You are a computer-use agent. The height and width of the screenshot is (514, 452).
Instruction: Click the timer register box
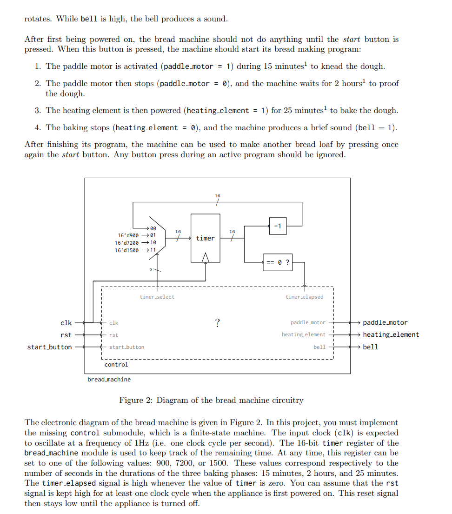[x=205, y=238]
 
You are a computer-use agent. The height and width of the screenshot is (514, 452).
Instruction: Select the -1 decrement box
[x=278, y=227]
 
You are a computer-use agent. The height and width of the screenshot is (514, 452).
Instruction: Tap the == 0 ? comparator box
[x=278, y=262]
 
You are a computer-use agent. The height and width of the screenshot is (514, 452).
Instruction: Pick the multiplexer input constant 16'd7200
[x=126, y=243]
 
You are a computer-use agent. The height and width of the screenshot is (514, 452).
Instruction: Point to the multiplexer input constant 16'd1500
[x=126, y=250]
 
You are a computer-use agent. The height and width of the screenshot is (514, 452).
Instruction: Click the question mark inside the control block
[x=217, y=323]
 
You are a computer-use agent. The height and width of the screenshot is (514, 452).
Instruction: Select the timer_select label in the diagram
[x=157, y=297]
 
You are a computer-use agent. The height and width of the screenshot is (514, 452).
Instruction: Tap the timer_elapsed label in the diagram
[x=304, y=297]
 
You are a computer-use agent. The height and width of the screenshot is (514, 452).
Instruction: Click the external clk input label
[x=66, y=323]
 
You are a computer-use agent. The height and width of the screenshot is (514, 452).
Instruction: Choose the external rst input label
[x=66, y=335]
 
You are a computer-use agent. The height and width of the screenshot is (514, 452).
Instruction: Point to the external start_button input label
[x=50, y=347]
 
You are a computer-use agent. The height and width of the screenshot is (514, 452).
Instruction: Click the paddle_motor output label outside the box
[x=385, y=322]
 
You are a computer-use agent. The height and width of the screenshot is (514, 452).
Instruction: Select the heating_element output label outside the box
[x=391, y=334]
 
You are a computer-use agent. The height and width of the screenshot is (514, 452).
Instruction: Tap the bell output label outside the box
[x=370, y=347]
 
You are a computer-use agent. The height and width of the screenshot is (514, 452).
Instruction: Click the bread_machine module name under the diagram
[x=109, y=380]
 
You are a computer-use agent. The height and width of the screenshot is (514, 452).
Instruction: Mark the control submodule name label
[x=116, y=365]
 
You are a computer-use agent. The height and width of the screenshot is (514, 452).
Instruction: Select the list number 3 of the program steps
[x=37, y=111]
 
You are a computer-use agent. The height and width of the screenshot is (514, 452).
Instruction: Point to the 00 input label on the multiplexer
[x=153, y=228]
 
